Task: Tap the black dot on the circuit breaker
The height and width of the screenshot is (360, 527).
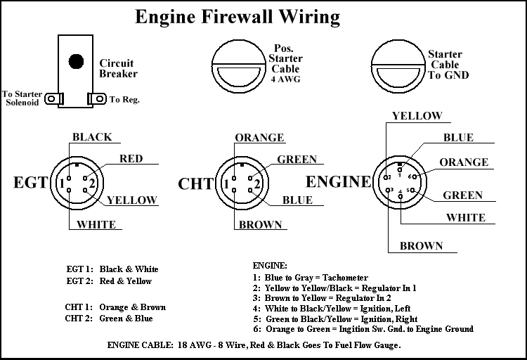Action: pyautogui.click(x=74, y=61)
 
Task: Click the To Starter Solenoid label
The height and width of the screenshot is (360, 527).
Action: pyautogui.click(x=22, y=98)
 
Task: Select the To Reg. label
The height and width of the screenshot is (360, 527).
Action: pyautogui.click(x=124, y=99)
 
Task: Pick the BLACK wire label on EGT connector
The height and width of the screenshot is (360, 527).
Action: pyautogui.click(x=92, y=136)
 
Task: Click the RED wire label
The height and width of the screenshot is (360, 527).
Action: pyautogui.click(x=131, y=159)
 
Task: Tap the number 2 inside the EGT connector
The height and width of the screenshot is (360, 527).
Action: pyautogui.click(x=92, y=184)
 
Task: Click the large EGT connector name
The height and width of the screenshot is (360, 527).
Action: pyautogui.click(x=31, y=184)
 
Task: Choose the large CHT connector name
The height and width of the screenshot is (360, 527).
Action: pyautogui.click(x=195, y=184)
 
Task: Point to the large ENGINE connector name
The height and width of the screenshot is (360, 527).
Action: pyautogui.click(x=338, y=181)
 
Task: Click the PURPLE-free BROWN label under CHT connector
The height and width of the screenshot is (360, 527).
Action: pyautogui.click(x=261, y=226)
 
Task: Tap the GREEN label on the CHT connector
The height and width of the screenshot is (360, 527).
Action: pyautogui.click(x=297, y=160)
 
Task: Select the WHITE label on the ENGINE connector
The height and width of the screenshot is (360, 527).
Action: pyautogui.click(x=465, y=218)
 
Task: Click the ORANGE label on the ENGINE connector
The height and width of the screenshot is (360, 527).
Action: pyautogui.click(x=464, y=162)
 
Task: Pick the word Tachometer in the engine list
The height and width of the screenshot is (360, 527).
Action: pyautogui.click(x=343, y=278)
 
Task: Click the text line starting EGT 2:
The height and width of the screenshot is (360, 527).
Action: pyautogui.click(x=109, y=281)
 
